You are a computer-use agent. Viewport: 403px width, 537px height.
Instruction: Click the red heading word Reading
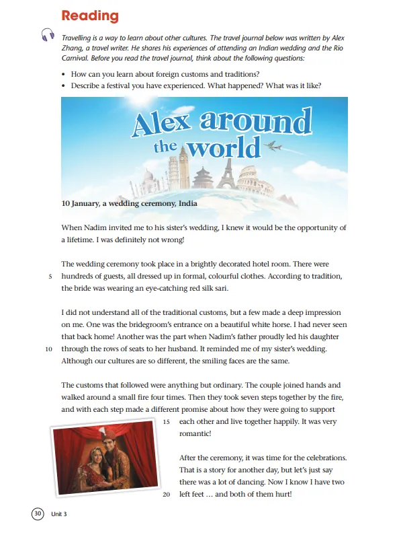click(89, 16)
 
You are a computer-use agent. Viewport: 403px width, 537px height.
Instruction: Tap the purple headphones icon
click(47, 35)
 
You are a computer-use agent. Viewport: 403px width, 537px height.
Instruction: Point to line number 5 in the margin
click(50, 276)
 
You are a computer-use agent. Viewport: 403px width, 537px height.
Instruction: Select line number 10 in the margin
click(48, 349)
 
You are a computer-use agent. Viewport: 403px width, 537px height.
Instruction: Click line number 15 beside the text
click(168, 422)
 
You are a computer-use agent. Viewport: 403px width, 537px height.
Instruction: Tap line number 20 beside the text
click(168, 495)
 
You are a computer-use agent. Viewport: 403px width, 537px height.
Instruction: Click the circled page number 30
click(38, 514)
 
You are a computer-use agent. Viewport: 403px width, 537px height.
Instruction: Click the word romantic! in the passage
click(196, 435)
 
